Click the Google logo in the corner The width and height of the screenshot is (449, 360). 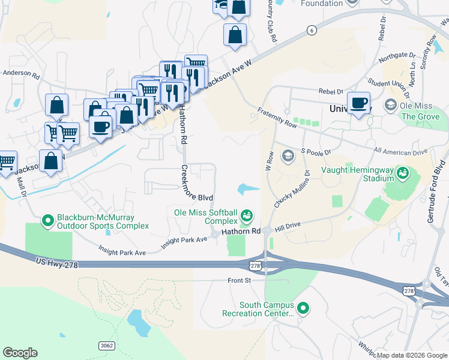point(20,353)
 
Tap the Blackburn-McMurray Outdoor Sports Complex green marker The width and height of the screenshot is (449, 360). point(48,221)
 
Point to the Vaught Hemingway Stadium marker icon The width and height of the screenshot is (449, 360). point(403,174)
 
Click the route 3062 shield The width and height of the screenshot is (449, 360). point(106,346)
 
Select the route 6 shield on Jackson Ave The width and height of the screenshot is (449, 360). point(310,30)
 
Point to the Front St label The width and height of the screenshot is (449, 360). point(238,280)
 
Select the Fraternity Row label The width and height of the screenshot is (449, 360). point(277,116)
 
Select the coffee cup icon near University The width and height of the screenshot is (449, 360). point(358,103)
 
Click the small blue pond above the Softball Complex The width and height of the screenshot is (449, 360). point(247,190)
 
